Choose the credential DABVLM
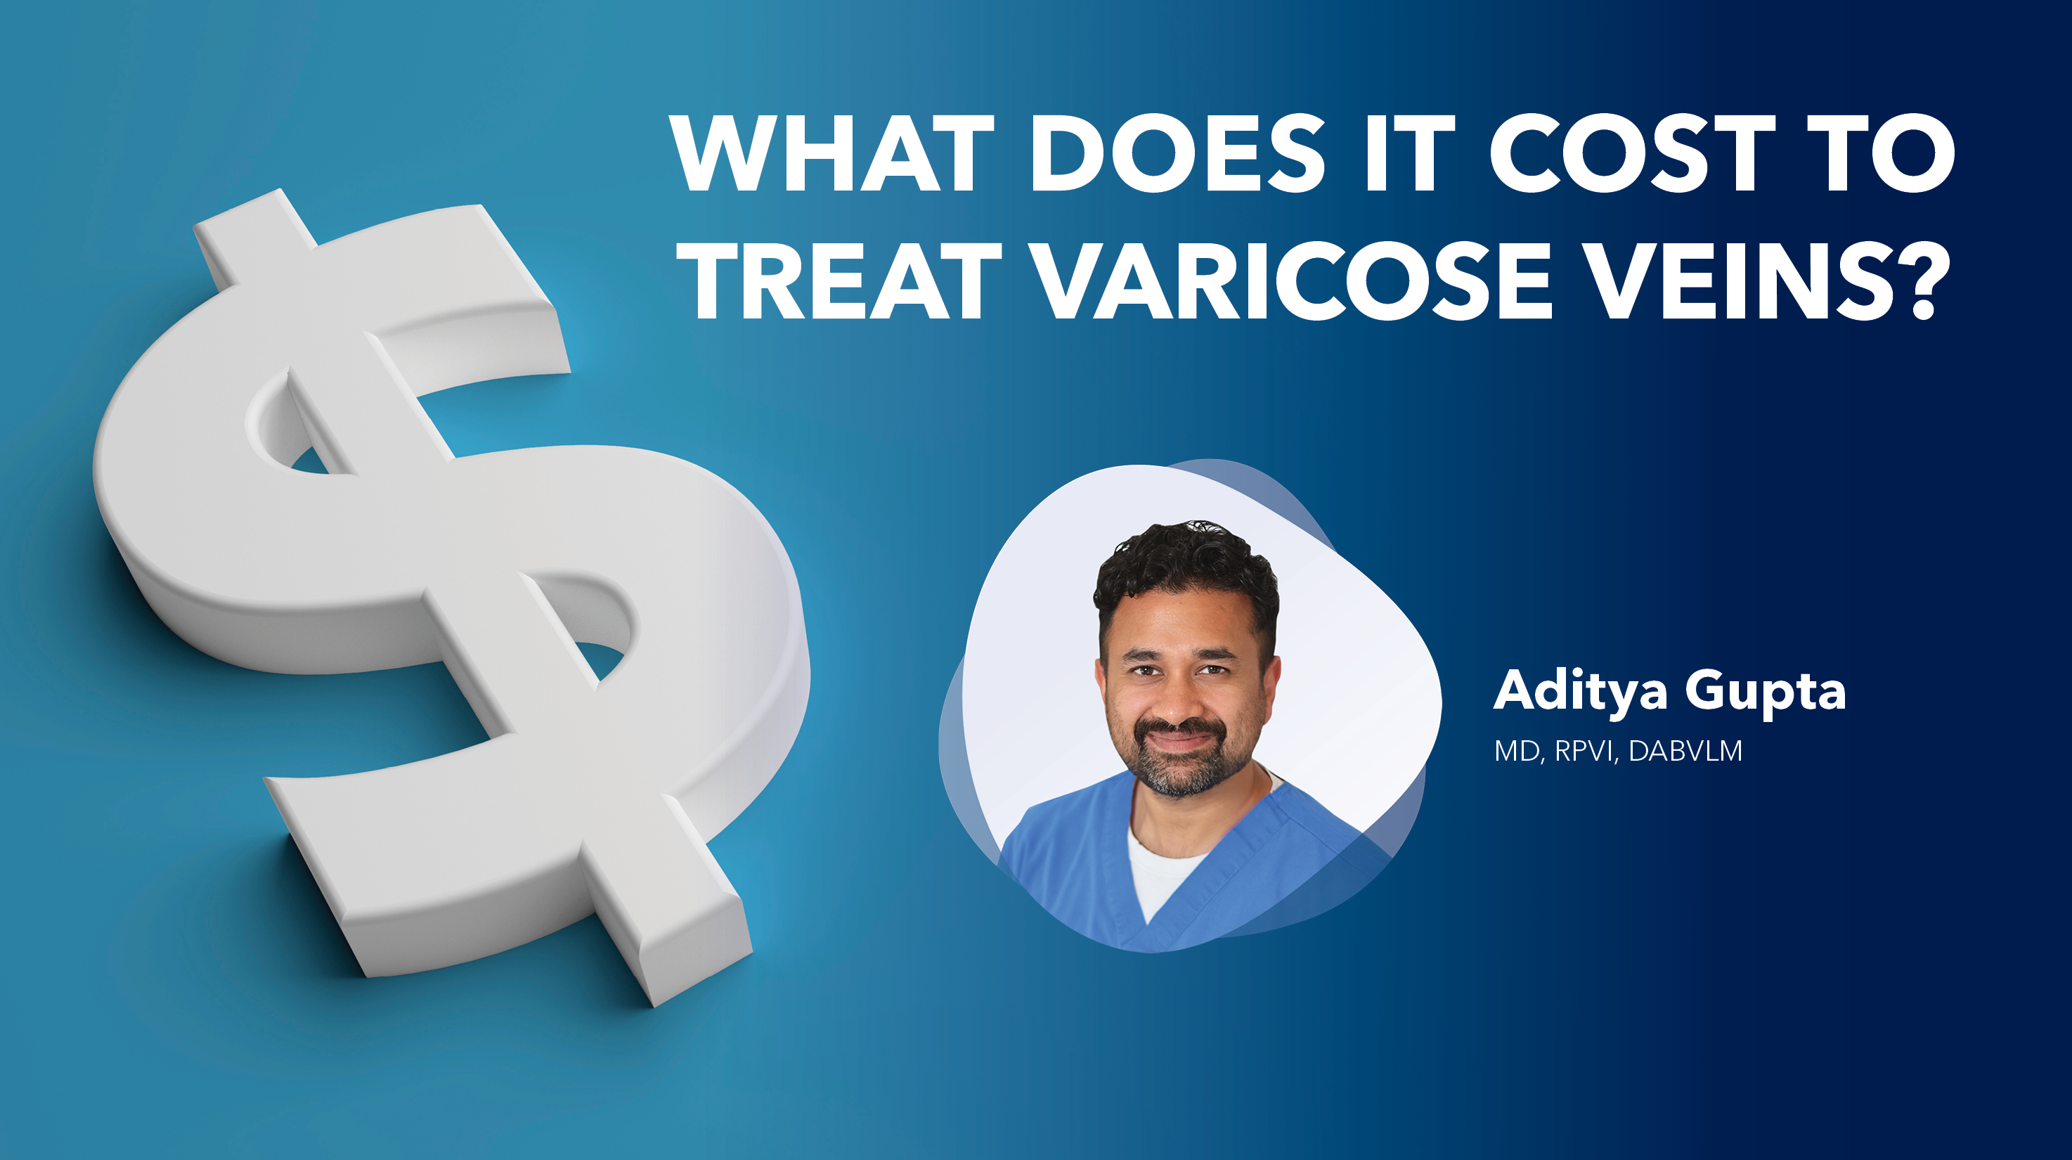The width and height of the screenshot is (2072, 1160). coord(1685,751)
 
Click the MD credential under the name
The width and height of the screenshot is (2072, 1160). coord(1517,751)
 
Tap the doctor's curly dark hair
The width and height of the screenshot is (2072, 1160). coord(1186,559)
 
